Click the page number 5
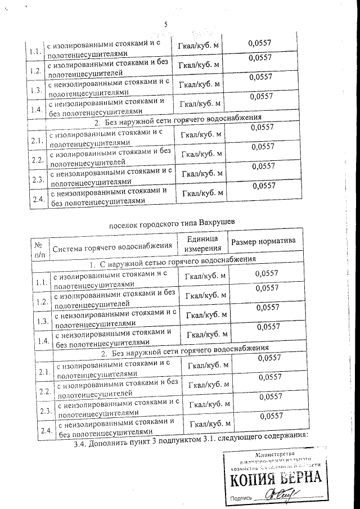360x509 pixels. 166,24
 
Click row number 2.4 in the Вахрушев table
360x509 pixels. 47,431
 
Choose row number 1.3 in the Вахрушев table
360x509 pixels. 42,322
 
